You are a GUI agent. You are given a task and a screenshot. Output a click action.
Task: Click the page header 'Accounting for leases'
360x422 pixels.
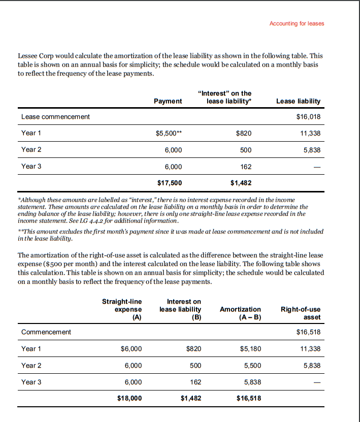click(x=297, y=23)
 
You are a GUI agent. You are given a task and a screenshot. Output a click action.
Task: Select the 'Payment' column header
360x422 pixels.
click(x=168, y=101)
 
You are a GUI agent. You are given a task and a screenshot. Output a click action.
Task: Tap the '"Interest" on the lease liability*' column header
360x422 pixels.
click(x=230, y=98)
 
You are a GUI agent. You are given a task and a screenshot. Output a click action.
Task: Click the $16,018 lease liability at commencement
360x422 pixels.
click(x=308, y=117)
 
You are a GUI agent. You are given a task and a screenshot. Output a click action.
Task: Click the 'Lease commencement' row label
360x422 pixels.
click(x=55, y=117)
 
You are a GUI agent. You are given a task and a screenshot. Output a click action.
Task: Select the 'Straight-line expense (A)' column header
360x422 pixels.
click(x=122, y=309)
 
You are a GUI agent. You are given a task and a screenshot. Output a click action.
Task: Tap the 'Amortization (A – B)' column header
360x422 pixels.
click(x=240, y=313)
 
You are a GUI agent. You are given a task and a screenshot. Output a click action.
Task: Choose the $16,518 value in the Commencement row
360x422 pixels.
click(x=308, y=332)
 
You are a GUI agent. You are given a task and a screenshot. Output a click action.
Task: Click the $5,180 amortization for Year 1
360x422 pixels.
click(x=249, y=349)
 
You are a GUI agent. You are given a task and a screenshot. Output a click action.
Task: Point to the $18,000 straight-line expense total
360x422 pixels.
click(x=129, y=398)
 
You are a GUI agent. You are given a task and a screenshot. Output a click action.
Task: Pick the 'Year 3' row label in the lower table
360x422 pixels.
click(x=31, y=382)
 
